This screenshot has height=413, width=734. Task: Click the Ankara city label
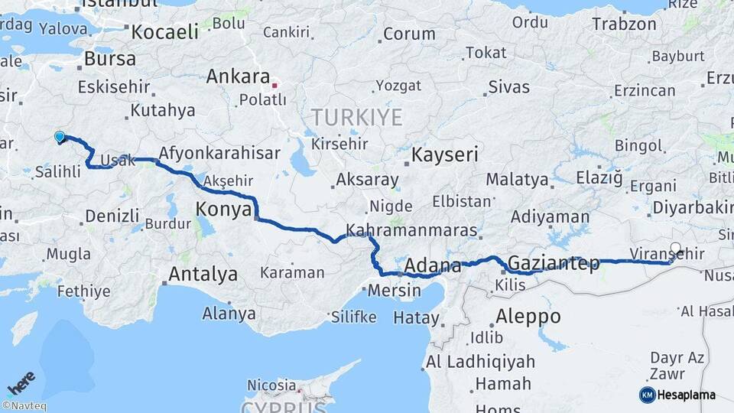tap(238, 77)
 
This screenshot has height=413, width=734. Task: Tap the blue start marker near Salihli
tap(60, 137)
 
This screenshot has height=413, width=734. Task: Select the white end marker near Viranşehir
tap(675, 248)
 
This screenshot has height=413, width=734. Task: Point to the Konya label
tap(223, 209)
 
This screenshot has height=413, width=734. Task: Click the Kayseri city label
tap(445, 154)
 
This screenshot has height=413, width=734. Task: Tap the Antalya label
tap(203, 274)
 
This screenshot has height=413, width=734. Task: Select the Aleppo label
tap(528, 316)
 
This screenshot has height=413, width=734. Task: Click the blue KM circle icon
tap(647, 395)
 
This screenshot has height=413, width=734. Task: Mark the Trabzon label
tap(624, 24)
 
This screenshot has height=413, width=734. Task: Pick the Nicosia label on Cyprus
tap(271, 385)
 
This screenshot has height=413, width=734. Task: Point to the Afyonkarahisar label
tap(219, 153)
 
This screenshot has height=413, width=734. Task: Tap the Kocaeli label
tap(164, 32)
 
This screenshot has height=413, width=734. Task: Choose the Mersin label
tap(395, 291)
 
